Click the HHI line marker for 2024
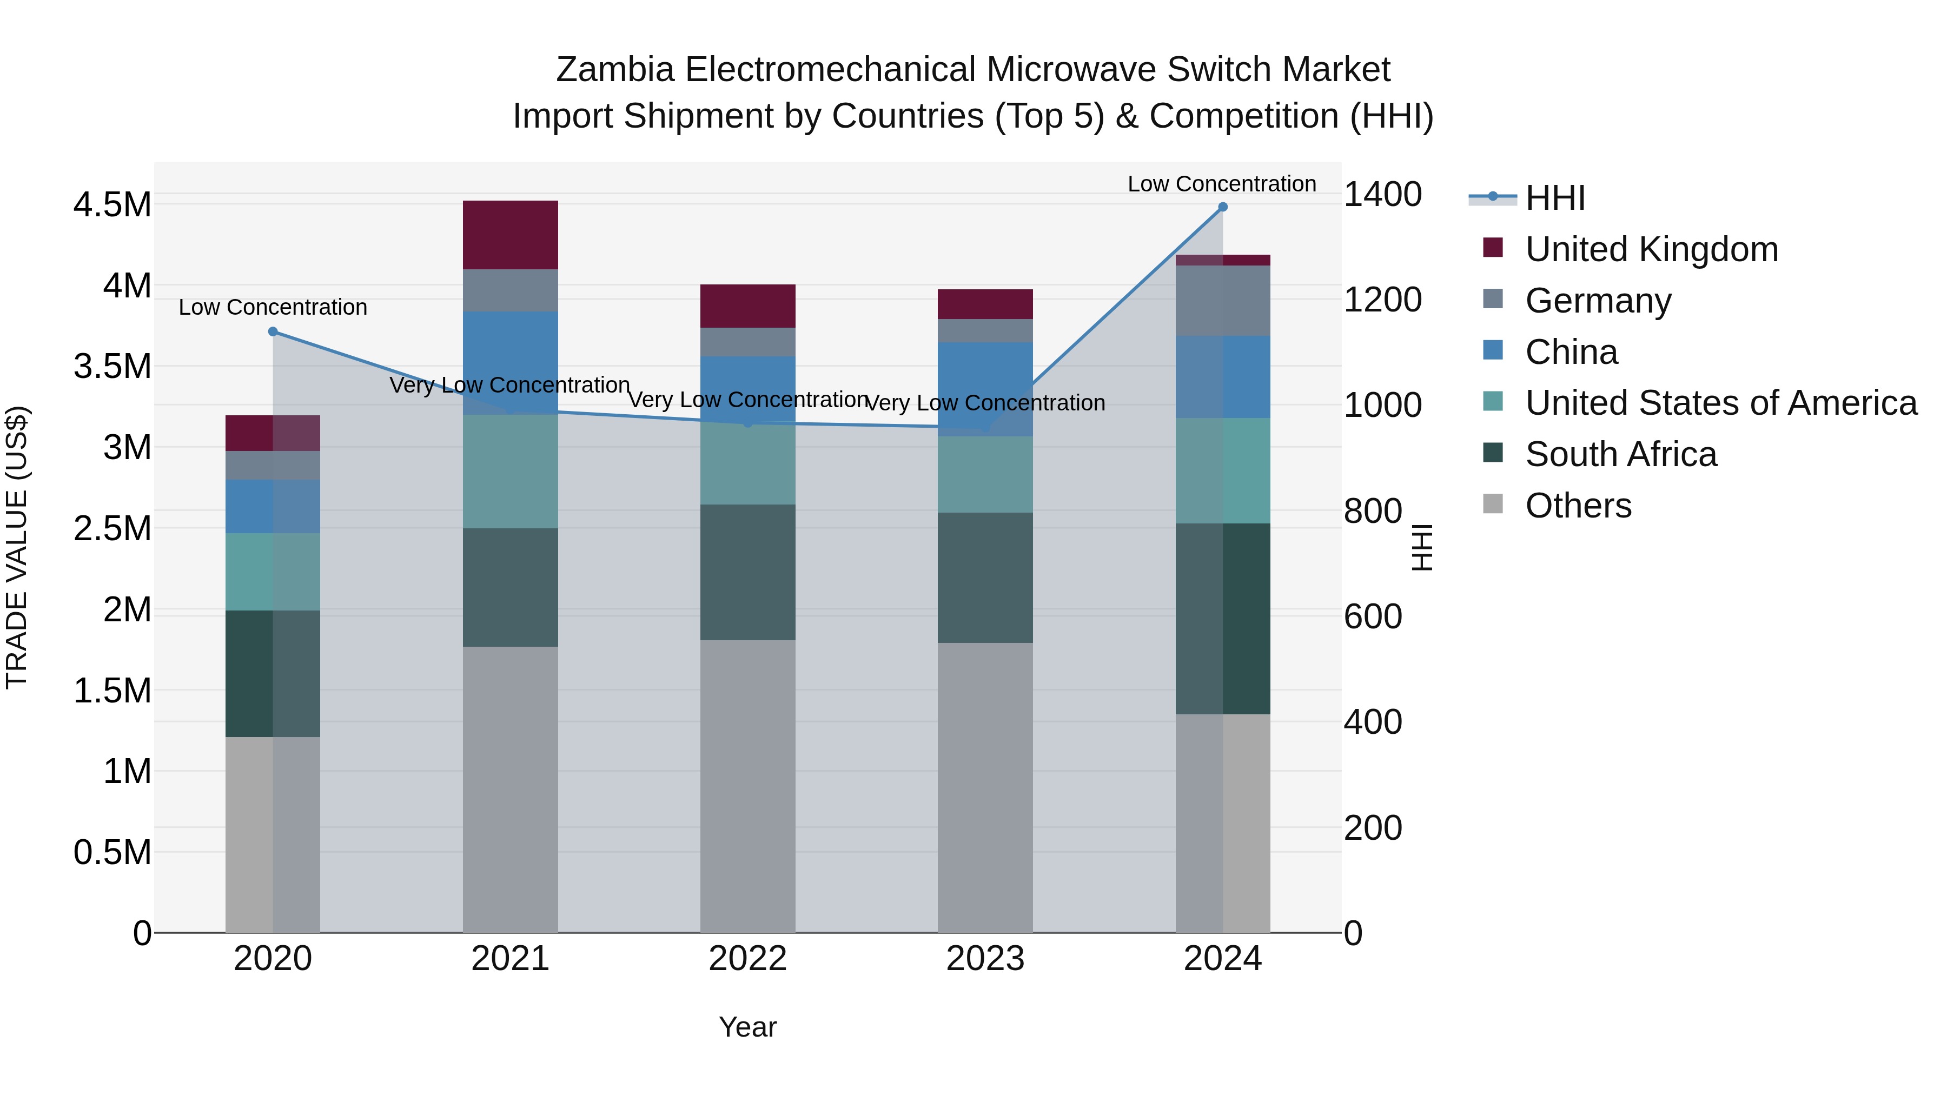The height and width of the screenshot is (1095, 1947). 1222,207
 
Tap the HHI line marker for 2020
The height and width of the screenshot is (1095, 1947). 273,332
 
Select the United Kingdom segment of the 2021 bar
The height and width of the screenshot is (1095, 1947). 510,235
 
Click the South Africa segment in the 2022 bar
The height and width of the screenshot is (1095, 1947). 747,572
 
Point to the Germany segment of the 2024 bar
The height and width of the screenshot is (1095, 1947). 1222,301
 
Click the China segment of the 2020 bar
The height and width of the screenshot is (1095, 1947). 273,506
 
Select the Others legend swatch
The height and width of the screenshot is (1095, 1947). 1493,503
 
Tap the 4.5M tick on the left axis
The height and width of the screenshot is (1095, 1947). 112,205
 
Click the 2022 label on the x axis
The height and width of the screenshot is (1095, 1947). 747,959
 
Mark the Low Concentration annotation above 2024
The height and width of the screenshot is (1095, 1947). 1221,184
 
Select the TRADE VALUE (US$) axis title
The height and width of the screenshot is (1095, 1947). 17,547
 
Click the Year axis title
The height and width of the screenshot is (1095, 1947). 747,1027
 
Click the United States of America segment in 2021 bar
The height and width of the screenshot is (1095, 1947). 510,471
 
